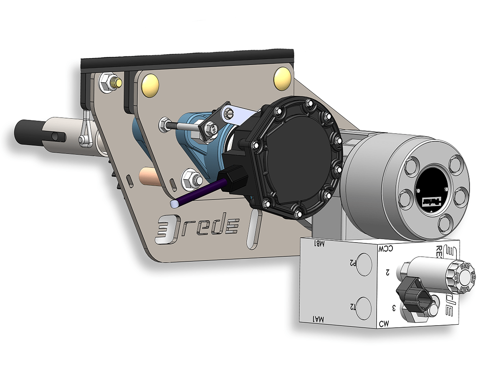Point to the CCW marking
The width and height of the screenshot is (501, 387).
(386, 249)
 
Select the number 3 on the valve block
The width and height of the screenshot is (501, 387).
(393, 308)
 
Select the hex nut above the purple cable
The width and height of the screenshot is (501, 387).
(191, 179)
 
